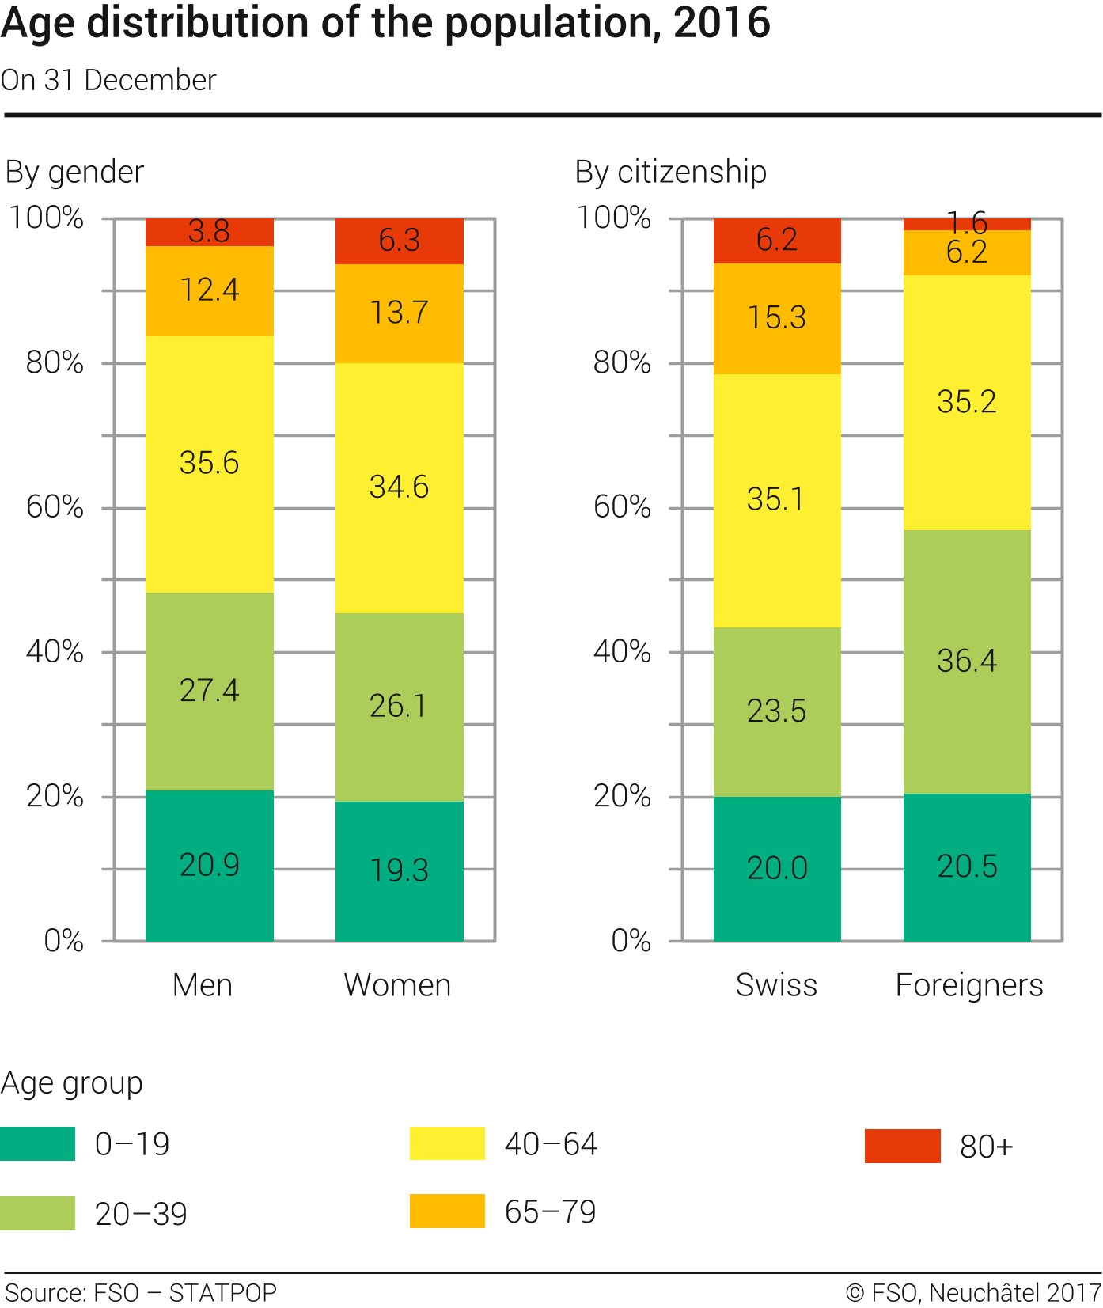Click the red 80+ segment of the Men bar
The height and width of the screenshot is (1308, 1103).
(x=210, y=232)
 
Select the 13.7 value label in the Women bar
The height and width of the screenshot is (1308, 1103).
(x=399, y=313)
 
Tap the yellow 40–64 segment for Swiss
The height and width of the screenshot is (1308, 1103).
(x=777, y=500)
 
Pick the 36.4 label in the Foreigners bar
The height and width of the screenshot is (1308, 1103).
(x=967, y=661)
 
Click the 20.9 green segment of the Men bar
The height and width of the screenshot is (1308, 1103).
(x=210, y=865)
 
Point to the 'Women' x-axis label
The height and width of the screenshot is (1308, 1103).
(x=397, y=985)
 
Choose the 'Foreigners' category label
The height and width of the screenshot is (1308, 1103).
(x=969, y=985)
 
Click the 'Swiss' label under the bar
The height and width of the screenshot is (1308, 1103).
(x=776, y=985)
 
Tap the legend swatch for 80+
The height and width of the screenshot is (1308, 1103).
(x=902, y=1146)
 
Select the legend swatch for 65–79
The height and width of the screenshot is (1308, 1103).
(x=447, y=1211)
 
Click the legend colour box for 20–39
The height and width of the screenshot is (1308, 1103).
(x=37, y=1213)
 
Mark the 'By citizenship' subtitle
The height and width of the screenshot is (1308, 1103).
(x=671, y=172)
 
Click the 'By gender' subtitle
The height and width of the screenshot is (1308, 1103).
(x=74, y=172)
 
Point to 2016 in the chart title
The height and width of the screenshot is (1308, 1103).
(x=722, y=22)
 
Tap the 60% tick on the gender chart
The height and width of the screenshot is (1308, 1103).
(x=55, y=507)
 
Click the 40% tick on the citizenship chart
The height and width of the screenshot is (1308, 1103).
(x=622, y=652)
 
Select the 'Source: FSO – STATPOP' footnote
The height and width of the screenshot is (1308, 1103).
(x=141, y=1293)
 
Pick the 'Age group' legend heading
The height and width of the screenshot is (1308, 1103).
(x=72, y=1082)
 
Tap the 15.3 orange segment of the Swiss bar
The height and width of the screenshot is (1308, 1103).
(x=777, y=318)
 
